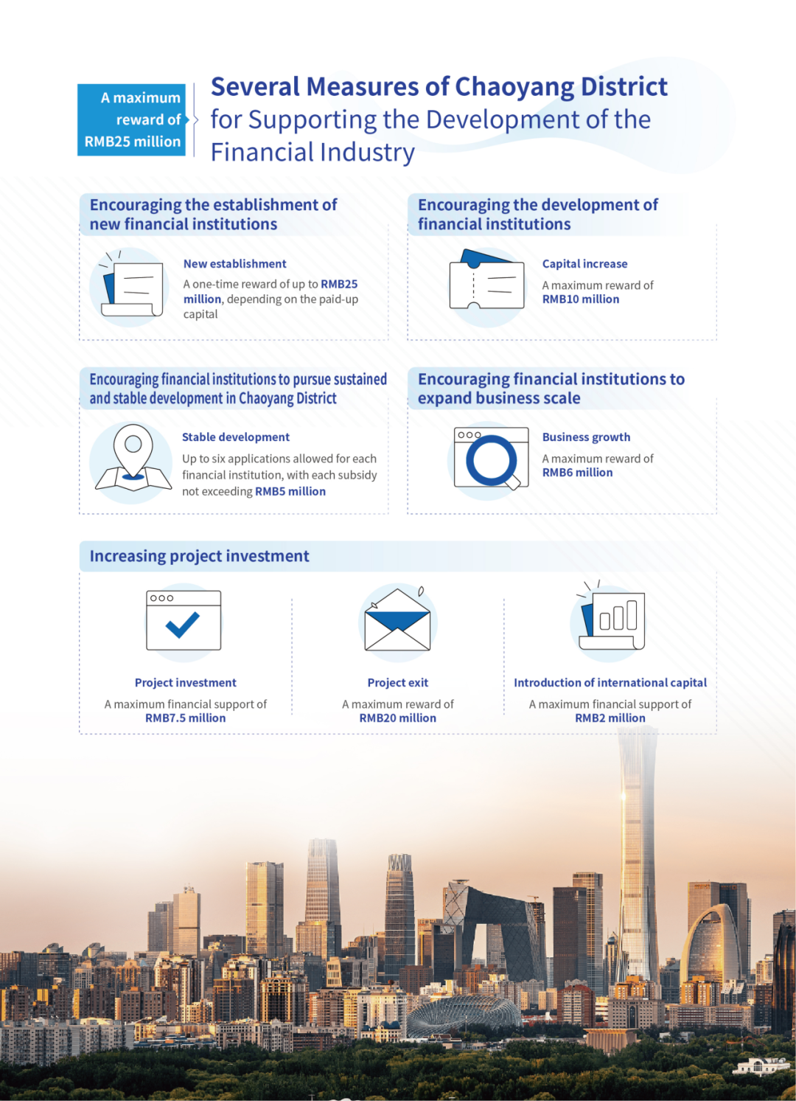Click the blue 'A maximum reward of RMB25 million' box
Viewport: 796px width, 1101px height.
point(132,119)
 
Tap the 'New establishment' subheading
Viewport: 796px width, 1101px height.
point(234,264)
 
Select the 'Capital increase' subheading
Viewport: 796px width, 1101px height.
point(584,264)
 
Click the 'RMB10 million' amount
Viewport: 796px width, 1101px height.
point(581,299)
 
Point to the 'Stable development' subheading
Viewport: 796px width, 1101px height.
point(236,437)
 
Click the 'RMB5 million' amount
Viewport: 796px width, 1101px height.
point(290,492)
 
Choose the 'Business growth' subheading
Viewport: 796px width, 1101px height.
point(586,437)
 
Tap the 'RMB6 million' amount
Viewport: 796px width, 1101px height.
point(577,473)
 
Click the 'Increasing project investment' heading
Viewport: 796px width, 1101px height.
point(199,556)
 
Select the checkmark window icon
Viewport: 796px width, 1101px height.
point(184,620)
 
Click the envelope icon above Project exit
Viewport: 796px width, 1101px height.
point(398,621)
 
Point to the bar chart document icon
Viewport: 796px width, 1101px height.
point(612,619)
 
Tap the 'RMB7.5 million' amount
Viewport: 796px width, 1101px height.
point(186,718)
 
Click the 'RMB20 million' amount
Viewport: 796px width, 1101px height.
point(398,718)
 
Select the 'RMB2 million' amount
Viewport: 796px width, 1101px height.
point(610,718)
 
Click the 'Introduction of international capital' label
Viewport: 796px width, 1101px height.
point(610,683)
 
